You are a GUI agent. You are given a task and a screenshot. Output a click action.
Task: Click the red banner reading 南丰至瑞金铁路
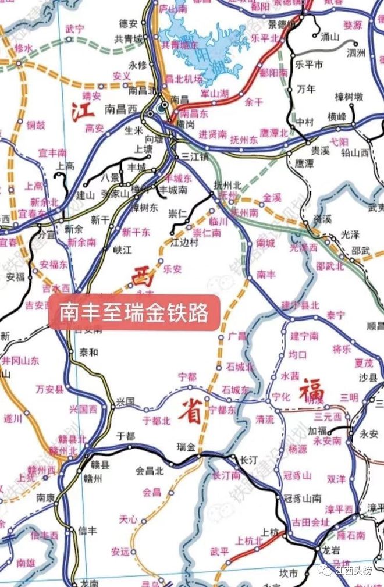pos(134,312)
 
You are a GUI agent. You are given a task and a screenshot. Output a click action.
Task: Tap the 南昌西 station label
pos(120,109)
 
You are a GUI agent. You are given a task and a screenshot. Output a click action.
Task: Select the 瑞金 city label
pos(186,447)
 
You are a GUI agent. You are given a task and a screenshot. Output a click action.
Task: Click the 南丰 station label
pos(266,273)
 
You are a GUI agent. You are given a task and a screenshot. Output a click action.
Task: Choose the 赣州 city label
pos(93,479)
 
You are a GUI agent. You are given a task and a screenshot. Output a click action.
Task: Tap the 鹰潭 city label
pos(304,163)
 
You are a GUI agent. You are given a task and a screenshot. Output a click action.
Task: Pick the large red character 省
pos(190,412)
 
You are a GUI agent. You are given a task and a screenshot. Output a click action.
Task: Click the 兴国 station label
pos(125,401)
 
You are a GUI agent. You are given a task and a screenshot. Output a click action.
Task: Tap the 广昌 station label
pos(237,336)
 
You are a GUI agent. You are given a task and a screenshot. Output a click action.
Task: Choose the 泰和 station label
pos(89,351)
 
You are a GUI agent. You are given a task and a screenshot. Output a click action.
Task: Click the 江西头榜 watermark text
pos(353,570)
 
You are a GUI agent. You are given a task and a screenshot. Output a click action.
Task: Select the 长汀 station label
pos(248,460)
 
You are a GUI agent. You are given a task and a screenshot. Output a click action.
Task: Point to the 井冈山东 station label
pos(20,361)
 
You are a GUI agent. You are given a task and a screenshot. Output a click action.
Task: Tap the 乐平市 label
pos(309,64)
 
